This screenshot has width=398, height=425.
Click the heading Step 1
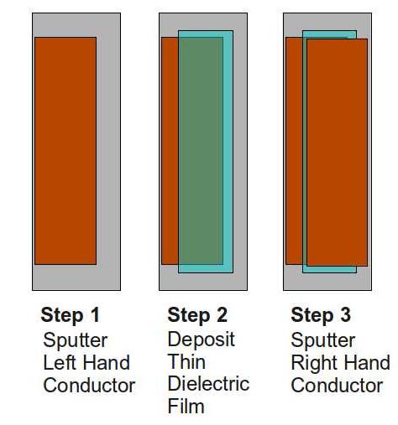70,316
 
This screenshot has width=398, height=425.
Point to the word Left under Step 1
59,363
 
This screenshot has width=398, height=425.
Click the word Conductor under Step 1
89,386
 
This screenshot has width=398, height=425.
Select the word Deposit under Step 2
201,339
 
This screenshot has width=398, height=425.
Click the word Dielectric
208,384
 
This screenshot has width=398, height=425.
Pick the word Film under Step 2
186,407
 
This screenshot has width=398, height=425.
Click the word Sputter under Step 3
322,340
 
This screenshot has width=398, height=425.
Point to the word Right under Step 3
312,363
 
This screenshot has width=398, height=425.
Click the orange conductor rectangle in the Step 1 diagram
65,151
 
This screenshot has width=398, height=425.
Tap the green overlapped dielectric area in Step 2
200,151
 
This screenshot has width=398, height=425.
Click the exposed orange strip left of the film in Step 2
169,151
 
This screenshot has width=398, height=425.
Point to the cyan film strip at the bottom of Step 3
330,269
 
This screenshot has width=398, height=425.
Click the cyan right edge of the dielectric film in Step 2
228,151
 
